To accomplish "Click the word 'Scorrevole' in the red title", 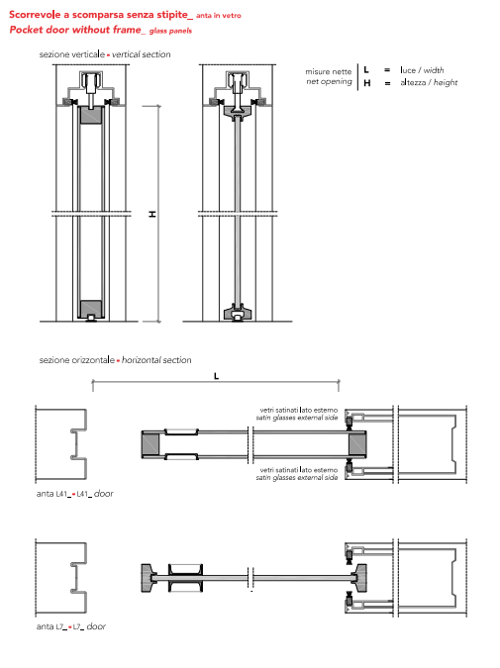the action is click(x=35, y=15).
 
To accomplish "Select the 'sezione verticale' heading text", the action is click(x=72, y=54).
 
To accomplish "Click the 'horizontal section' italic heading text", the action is click(x=156, y=360).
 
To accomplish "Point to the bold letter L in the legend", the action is click(x=366, y=70).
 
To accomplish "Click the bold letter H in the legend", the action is click(x=367, y=83).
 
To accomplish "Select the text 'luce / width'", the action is click(x=422, y=70).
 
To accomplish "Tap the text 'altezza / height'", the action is click(x=429, y=83).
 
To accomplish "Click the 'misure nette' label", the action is click(x=329, y=71).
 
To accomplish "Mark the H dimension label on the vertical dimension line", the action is click(x=152, y=214).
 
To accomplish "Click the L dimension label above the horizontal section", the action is click(x=216, y=376).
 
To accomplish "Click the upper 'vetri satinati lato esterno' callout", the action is click(x=299, y=410).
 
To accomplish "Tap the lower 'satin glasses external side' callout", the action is click(x=297, y=478).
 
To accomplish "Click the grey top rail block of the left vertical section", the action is click(x=91, y=116).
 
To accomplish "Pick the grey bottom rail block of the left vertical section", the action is click(x=91, y=309).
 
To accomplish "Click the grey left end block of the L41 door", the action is click(x=150, y=444).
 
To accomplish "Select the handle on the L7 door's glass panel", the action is click(x=185, y=578).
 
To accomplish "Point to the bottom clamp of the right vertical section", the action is click(x=238, y=313).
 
